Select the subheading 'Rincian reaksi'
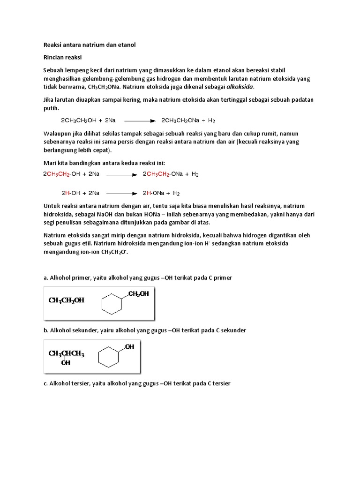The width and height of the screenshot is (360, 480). click(x=63, y=57)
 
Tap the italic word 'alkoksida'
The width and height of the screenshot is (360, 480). click(x=240, y=87)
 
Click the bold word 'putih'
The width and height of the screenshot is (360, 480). click(x=52, y=108)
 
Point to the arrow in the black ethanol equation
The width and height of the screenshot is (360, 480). click(x=139, y=120)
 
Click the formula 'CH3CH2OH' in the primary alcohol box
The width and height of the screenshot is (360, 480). click(x=66, y=300)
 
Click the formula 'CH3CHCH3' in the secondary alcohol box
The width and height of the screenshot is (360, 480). click(x=66, y=353)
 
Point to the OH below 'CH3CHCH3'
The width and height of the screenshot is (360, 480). click(x=66, y=362)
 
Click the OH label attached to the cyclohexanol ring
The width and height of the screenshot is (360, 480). click(x=129, y=347)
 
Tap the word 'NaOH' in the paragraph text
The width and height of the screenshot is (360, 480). click(x=112, y=214)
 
